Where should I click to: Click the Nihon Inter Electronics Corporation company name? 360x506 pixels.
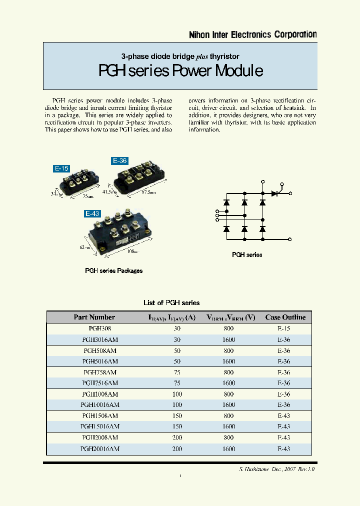click(x=252, y=34)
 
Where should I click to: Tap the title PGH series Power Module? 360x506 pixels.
click(x=180, y=71)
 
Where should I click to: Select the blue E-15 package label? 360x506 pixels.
click(x=61, y=168)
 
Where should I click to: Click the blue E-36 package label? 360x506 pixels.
click(x=119, y=161)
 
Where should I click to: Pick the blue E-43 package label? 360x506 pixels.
click(x=92, y=213)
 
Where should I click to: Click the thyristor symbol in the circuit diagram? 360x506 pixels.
click(x=274, y=193)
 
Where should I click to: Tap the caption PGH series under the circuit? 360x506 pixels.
click(x=247, y=255)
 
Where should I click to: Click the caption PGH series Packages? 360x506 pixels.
click(x=113, y=270)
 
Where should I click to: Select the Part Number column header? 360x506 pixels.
click(x=94, y=317)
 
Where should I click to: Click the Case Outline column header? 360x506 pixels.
click(x=285, y=317)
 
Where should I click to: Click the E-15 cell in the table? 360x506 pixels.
click(x=283, y=329)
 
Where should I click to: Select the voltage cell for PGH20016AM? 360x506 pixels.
click(x=228, y=449)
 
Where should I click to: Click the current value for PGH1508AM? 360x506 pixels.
click(x=177, y=416)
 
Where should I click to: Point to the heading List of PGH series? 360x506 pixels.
click(x=171, y=302)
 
